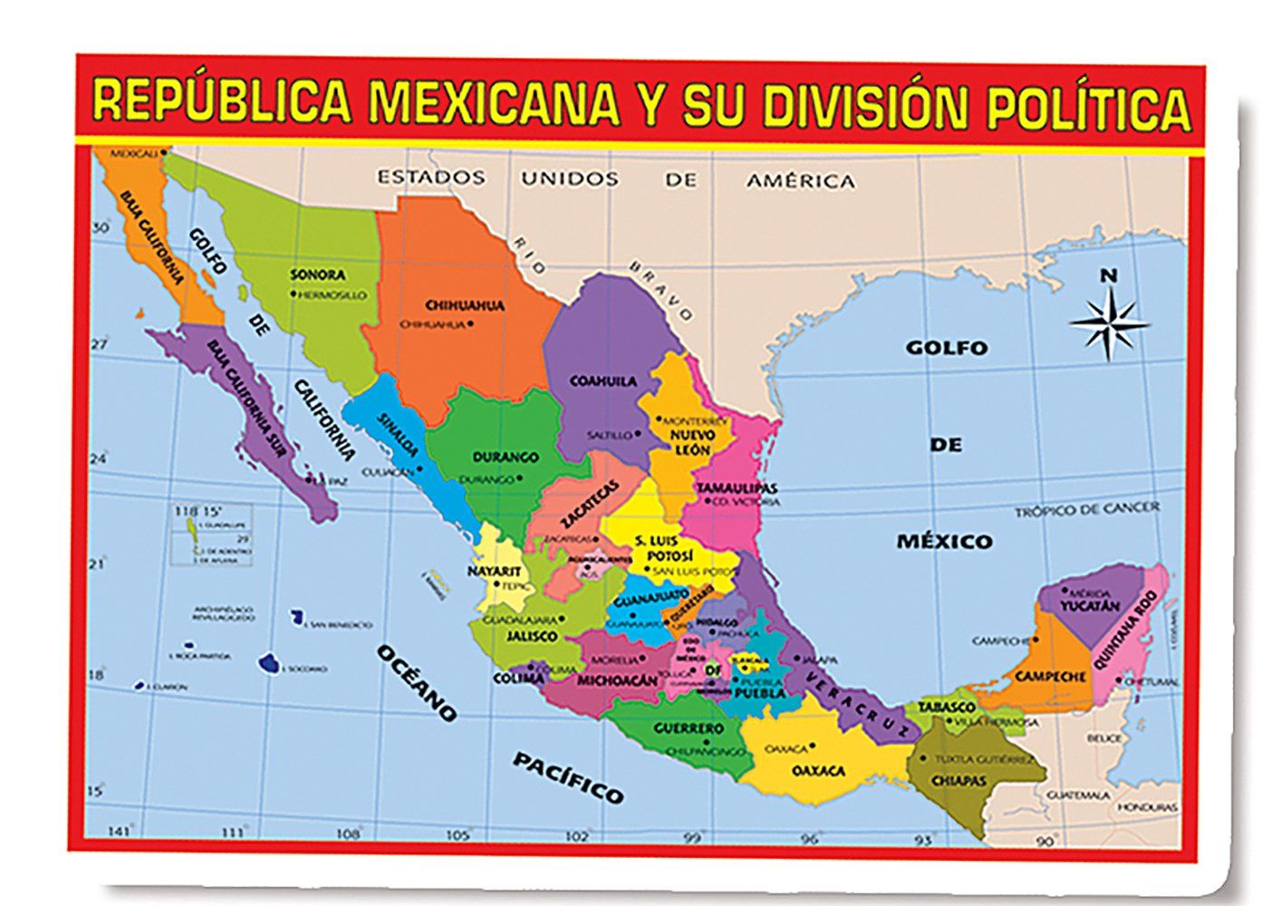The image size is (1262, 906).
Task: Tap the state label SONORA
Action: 317,275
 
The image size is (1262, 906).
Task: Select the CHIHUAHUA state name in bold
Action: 465,305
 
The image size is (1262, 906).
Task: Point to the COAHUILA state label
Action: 602,381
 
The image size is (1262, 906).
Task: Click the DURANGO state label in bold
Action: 505,458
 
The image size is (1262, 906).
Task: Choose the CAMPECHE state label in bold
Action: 1050,677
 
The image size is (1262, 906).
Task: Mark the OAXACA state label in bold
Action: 818,771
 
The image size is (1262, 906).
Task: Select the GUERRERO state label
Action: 689,728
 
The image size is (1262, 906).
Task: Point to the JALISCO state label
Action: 532,637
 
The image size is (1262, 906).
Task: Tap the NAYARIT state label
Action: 494,571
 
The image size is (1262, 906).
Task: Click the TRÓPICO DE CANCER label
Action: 1085,510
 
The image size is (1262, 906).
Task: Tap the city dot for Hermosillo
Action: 293,294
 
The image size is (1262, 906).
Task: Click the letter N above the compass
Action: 1108,275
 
